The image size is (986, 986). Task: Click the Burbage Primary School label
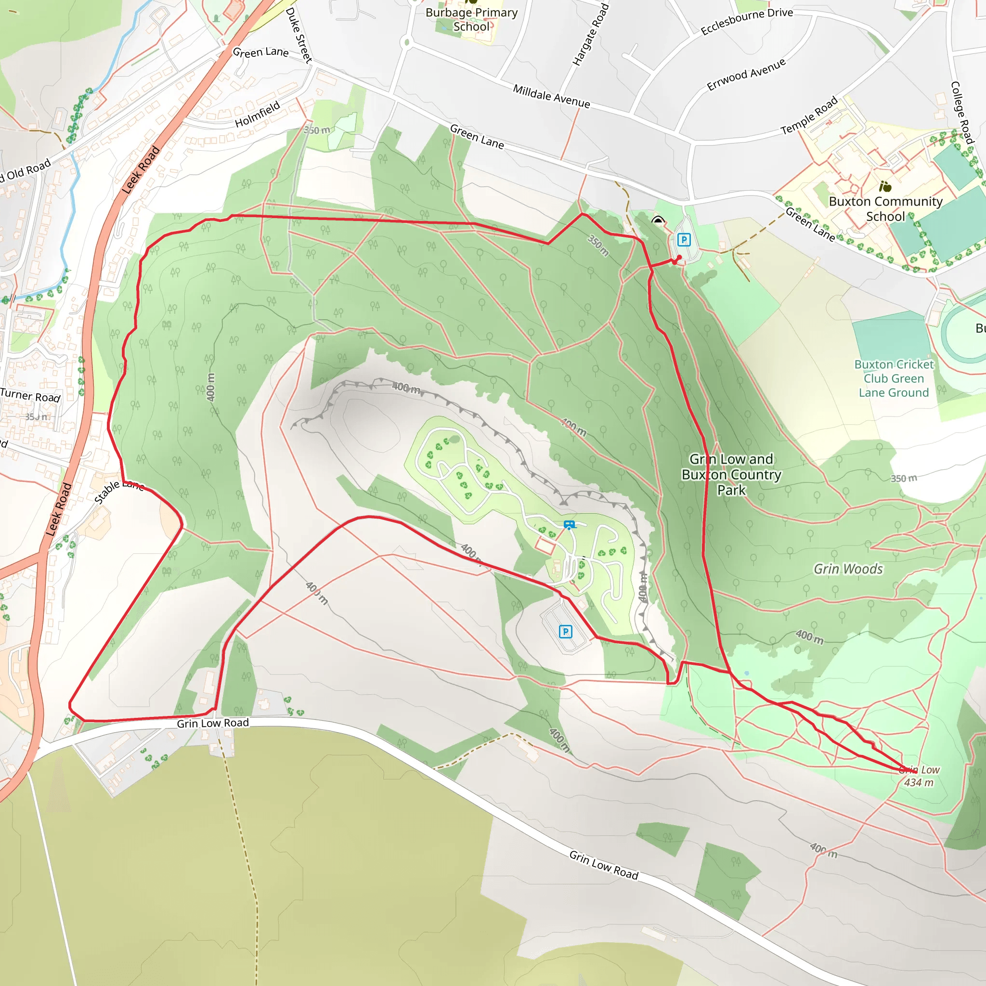coord(471,19)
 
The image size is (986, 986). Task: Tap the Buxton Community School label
coord(885,209)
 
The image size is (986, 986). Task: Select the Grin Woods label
coord(848,569)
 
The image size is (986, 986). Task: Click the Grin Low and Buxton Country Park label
coord(731,475)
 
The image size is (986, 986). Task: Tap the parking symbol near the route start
coord(684,239)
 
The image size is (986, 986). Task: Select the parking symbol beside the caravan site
coord(566,632)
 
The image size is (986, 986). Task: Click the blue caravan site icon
coord(569,525)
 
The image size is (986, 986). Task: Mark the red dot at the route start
coord(679,258)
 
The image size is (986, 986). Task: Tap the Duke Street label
coord(298,35)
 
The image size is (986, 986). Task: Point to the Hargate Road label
coord(590,35)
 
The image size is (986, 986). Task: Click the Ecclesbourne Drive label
coord(747,22)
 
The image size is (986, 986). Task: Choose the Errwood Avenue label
coord(746,75)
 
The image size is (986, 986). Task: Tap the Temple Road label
coord(809,116)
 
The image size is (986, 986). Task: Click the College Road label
coord(962,112)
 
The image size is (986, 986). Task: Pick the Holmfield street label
coord(257,114)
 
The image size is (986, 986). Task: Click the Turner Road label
coord(31,396)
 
